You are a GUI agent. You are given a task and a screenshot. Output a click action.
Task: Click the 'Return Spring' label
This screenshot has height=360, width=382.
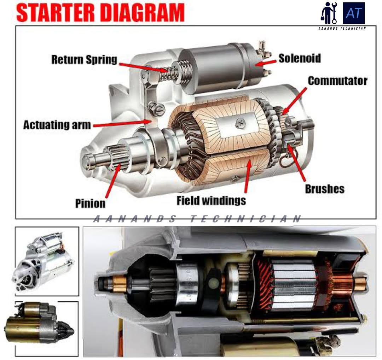[84, 59]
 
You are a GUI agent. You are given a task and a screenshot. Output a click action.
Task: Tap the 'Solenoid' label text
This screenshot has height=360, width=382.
[299, 58]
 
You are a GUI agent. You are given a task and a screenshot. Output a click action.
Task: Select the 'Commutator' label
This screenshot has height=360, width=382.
[337, 81]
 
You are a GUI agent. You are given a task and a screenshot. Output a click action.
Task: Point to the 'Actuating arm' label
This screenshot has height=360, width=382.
[57, 125]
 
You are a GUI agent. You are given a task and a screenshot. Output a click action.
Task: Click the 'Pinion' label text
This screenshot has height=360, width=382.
[90, 203]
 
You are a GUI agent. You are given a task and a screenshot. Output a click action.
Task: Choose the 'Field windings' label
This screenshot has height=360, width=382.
[211, 201]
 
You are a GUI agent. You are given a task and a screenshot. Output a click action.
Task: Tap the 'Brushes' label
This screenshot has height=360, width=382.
[324, 189]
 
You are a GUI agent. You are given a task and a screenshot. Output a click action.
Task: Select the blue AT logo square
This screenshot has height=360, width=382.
[354, 13]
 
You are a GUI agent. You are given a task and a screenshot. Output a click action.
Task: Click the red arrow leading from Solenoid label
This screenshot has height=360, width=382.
[266, 63]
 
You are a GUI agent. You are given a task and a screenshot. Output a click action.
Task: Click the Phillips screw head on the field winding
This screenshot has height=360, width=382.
[240, 123]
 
